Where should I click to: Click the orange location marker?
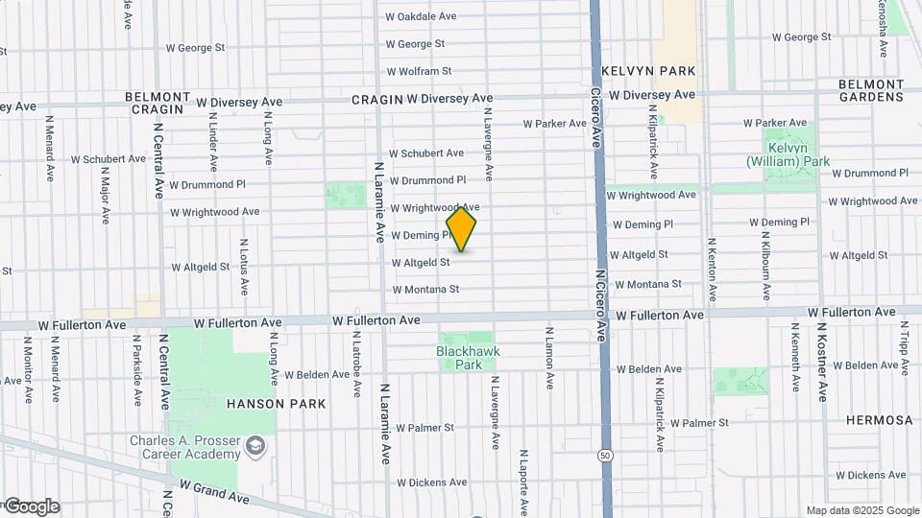pos(461,229)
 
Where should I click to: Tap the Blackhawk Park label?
pos(468,358)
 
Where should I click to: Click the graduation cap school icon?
pos(255,445)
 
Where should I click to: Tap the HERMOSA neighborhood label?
pos(880,420)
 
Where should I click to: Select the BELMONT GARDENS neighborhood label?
pos(871,90)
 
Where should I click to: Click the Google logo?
pos(31,506)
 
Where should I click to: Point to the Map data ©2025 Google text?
pos(862,510)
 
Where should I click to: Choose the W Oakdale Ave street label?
pos(421,16)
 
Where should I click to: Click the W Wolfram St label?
pos(419,71)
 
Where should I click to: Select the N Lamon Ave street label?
pos(550,358)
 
